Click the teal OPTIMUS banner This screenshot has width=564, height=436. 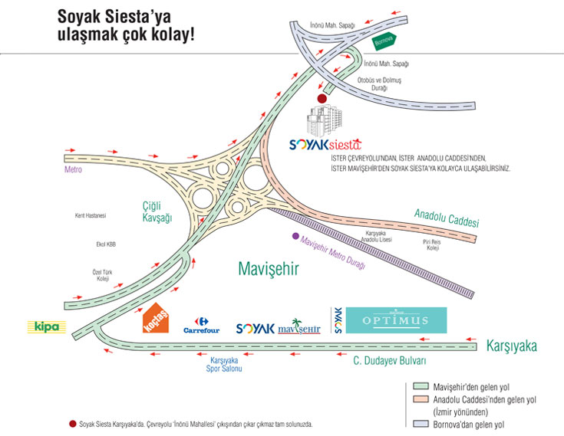tap(396, 320)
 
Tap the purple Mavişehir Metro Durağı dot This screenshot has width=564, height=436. tap(295, 236)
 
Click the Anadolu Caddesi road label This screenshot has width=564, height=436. tap(447, 218)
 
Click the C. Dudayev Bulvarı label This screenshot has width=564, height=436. tap(389, 360)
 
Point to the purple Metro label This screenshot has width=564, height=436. tap(73, 170)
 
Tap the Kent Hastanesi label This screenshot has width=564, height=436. tap(91, 215)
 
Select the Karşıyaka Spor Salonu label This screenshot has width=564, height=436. tap(225, 365)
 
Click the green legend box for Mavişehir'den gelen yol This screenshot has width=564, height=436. tap(420, 387)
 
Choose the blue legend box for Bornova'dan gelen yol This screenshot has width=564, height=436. tap(420, 423)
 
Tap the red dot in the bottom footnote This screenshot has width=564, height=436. tap(72, 423)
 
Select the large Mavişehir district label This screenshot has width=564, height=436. tap(267, 269)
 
